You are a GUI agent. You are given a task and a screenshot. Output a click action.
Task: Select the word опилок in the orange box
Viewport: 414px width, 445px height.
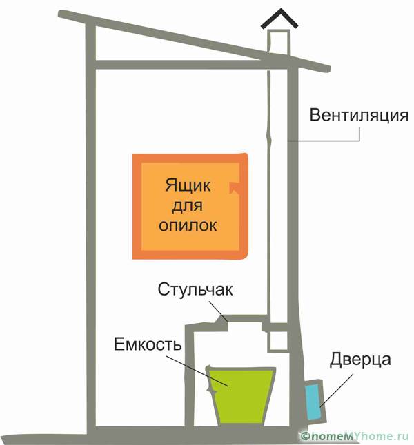pyautogui.click(x=188, y=225)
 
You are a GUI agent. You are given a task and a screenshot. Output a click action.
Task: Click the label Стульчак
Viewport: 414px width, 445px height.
pyautogui.click(x=195, y=289)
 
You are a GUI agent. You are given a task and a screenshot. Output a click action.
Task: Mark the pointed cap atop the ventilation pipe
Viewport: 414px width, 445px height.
pyautogui.click(x=275, y=23)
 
